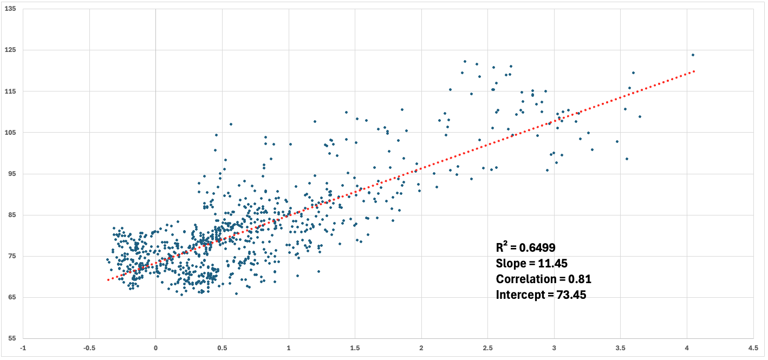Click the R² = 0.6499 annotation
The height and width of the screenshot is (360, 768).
click(x=525, y=247)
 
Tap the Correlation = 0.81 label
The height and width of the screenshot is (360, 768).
click(x=543, y=279)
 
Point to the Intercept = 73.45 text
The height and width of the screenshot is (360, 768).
click(x=541, y=295)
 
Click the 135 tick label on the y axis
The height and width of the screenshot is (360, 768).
click(x=10, y=9)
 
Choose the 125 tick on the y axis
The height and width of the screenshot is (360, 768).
click(x=10, y=50)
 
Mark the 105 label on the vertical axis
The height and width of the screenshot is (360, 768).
click(x=10, y=133)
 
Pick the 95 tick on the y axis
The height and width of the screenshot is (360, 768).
click(x=11, y=174)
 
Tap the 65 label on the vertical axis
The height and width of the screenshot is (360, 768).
click(x=11, y=298)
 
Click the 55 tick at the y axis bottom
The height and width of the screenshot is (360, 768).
click(x=11, y=339)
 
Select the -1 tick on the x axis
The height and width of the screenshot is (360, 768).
click(x=23, y=348)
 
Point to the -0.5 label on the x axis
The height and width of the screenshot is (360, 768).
click(x=89, y=348)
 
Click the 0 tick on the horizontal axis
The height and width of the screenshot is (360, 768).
click(x=155, y=348)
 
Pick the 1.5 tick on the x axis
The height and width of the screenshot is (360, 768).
click(x=355, y=348)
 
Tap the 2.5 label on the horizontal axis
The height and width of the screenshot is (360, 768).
click(x=487, y=348)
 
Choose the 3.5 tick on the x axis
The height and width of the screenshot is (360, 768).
click(x=620, y=348)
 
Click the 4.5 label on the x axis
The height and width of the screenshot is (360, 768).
click(x=753, y=348)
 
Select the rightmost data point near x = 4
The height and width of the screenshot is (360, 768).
click(x=693, y=55)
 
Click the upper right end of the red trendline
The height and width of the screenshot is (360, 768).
click(x=694, y=71)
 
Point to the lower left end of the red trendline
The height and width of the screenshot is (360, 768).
click(x=108, y=280)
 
